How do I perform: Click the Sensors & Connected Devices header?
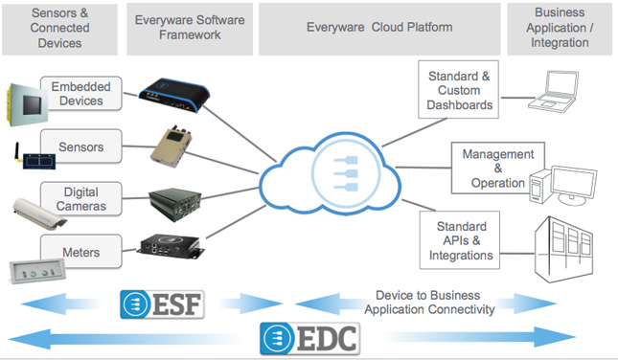tap(62, 27)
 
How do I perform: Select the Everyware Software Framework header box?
tap(189, 27)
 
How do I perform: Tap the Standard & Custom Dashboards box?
tap(461, 88)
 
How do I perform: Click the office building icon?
tap(575, 249)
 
